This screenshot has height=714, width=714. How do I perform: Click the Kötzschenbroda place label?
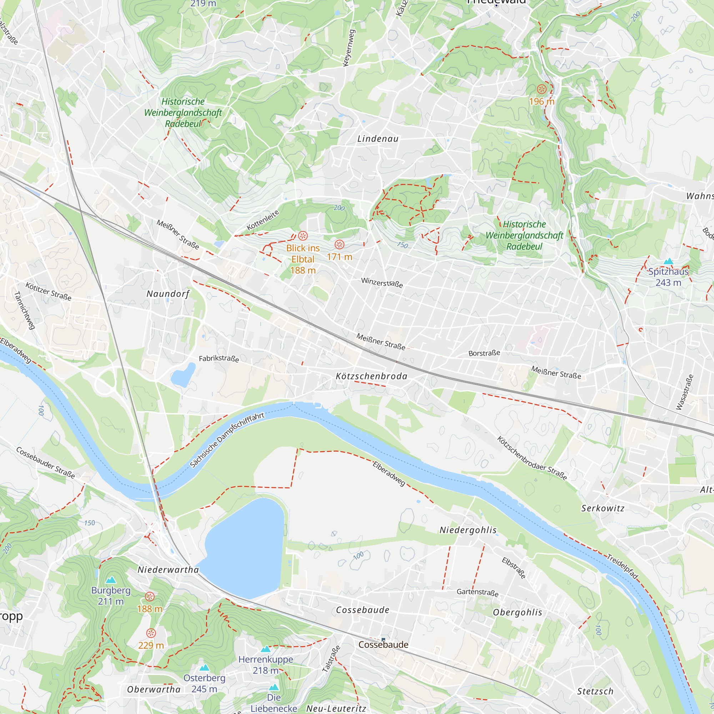tap(371, 376)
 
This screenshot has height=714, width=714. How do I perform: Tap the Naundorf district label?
tap(168, 294)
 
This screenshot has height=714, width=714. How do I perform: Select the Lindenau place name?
tap(378, 139)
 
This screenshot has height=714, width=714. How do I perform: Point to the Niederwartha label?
tap(168, 569)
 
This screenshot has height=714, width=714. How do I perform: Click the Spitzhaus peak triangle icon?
tap(668, 262)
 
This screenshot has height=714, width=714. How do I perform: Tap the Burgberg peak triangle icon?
tap(111, 580)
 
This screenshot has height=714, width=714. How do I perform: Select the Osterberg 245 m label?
tap(204, 683)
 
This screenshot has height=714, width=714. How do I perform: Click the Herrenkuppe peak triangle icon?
tap(266, 649)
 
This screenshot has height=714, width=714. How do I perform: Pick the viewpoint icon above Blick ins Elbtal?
tap(303, 236)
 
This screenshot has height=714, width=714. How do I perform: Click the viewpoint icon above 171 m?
tap(339, 244)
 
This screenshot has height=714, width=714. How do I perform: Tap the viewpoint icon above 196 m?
tap(542, 89)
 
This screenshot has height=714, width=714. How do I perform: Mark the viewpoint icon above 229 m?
tap(151, 633)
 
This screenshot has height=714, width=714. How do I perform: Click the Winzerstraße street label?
tap(382, 283)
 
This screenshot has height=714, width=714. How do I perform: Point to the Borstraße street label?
tap(484, 353)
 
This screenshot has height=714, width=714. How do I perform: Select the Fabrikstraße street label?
tap(219, 358)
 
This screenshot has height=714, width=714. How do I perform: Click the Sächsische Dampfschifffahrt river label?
tap(227, 440)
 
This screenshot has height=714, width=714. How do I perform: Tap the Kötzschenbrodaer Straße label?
tap(532, 458)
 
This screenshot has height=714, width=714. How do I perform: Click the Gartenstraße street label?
tap(477, 592)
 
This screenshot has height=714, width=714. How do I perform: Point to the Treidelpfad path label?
tap(622, 567)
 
